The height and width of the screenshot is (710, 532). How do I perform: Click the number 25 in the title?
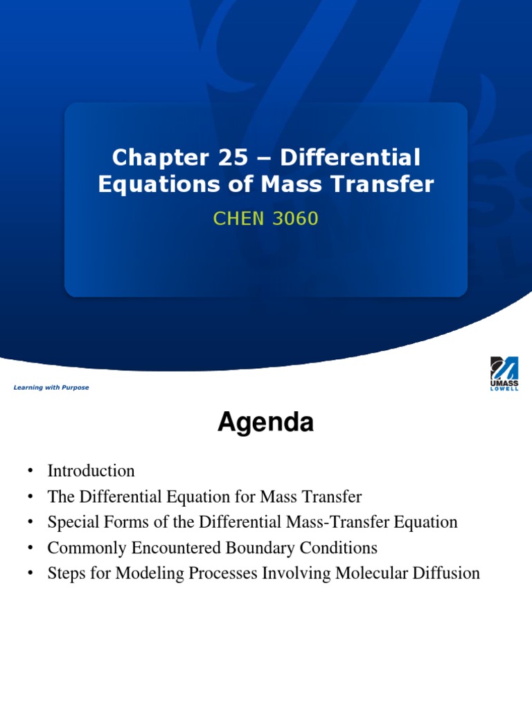[x=231, y=158]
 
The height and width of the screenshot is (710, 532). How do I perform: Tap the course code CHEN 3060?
[x=266, y=219]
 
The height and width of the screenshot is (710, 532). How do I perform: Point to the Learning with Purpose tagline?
[x=51, y=388]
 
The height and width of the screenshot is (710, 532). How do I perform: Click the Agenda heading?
[x=265, y=422]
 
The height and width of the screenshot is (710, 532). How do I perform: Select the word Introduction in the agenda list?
[x=91, y=471]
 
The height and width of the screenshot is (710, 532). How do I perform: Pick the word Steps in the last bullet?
[x=66, y=573]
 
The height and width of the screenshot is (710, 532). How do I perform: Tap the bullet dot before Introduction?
[x=31, y=472]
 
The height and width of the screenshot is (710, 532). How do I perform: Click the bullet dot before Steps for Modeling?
[x=31, y=574]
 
